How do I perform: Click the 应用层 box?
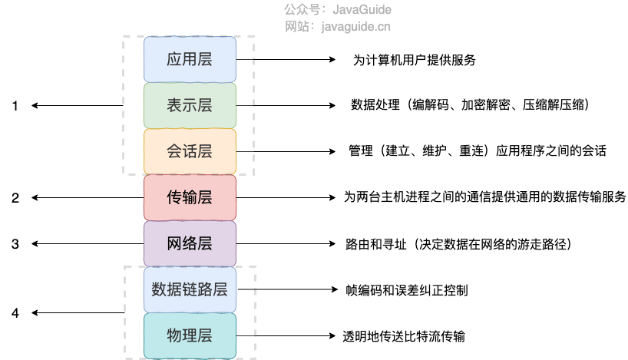[190, 59]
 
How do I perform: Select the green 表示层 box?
[190, 105]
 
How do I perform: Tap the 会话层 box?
[190, 151]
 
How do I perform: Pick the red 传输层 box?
[190, 197]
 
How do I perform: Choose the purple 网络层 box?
[190, 244]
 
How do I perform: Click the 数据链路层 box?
[190, 289]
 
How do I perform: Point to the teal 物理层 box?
[190, 335]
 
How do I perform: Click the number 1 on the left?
[15, 106]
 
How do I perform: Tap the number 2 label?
[15, 198]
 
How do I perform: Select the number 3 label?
[15, 244]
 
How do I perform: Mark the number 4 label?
[15, 313]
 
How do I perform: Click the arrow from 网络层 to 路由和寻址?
[285, 244]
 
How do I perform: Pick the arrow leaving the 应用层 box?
[285, 60]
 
